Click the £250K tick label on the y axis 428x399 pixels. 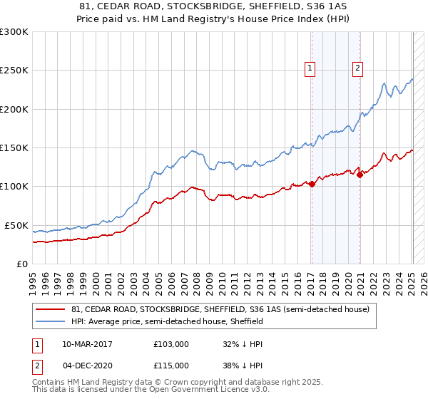click(14, 71)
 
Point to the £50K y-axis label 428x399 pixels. click(16, 225)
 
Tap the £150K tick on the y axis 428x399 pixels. click(14, 147)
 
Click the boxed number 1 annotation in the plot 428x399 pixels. click(311, 69)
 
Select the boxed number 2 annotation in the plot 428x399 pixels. click(357, 69)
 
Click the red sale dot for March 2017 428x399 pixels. click(312, 184)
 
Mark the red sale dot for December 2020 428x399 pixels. click(360, 175)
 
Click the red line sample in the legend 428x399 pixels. click(51, 310)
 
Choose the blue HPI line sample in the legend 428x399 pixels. click(51, 321)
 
